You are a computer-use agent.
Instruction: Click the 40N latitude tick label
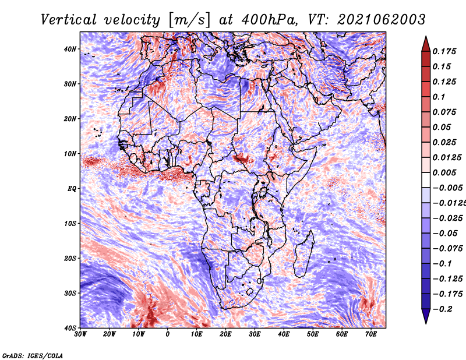(x=70, y=49)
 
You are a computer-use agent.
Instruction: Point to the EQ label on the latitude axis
(x=72, y=189)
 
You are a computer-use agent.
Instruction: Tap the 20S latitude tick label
(x=70, y=258)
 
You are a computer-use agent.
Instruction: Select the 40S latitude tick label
(x=70, y=328)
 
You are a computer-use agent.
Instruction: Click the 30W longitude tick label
(x=80, y=334)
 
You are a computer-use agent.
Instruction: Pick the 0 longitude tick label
(x=168, y=334)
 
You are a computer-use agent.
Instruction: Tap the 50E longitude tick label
(x=313, y=334)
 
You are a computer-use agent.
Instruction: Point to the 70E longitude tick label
(x=370, y=334)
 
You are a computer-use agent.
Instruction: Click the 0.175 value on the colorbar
(x=444, y=51)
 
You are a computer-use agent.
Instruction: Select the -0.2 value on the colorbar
(x=442, y=309)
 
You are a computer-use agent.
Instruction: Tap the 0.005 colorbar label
(x=444, y=172)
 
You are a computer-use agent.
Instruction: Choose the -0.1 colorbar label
(x=442, y=264)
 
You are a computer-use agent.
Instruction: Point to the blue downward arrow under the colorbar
(x=426, y=316)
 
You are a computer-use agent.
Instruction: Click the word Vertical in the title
(x=69, y=20)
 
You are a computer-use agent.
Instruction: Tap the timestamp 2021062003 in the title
(x=382, y=20)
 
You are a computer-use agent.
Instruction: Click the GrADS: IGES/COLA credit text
(x=33, y=355)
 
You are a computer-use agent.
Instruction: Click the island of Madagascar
(x=303, y=255)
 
